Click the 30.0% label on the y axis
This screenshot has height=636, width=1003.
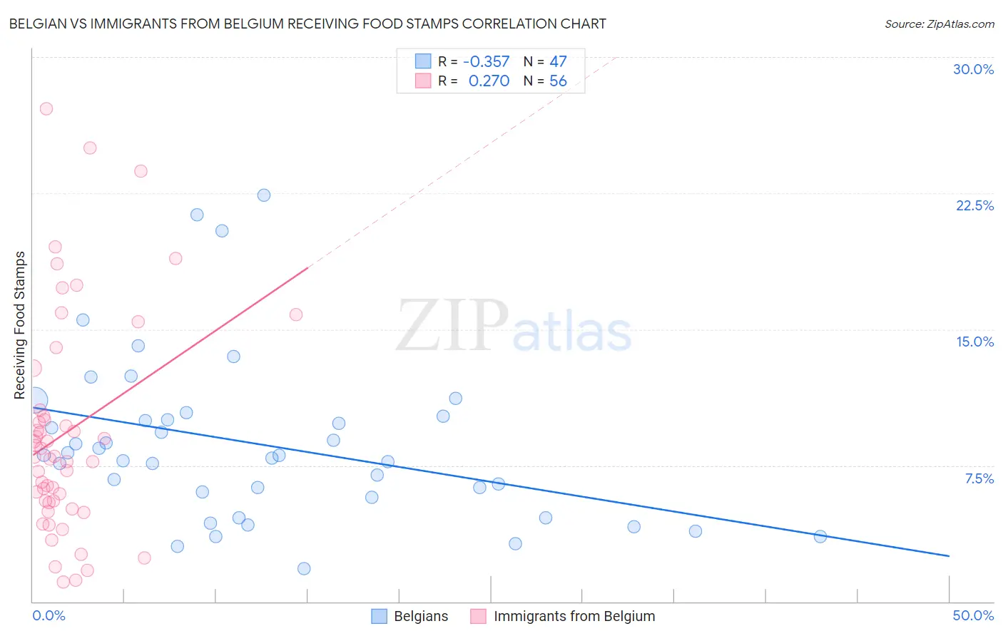[973, 69]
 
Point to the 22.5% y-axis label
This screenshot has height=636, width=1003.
[974, 205]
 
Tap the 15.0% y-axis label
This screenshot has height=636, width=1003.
[974, 342]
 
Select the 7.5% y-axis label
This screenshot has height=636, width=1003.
[979, 478]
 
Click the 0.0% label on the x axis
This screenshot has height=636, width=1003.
[49, 615]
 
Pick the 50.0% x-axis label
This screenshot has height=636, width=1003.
[973, 615]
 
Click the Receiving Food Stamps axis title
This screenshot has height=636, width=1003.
[20, 325]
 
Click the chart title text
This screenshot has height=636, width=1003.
[307, 24]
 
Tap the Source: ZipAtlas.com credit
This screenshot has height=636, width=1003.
[939, 24]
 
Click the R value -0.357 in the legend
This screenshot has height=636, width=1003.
[486, 62]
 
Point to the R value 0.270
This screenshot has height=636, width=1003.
[489, 81]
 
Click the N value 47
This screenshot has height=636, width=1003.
[558, 62]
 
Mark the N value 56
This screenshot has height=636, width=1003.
[558, 81]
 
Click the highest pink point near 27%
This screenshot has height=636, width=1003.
[46, 109]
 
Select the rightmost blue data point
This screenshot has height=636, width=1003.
[820, 537]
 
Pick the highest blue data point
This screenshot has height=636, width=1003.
[264, 195]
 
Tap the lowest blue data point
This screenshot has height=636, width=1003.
[304, 568]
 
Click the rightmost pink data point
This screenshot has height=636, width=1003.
[296, 314]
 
